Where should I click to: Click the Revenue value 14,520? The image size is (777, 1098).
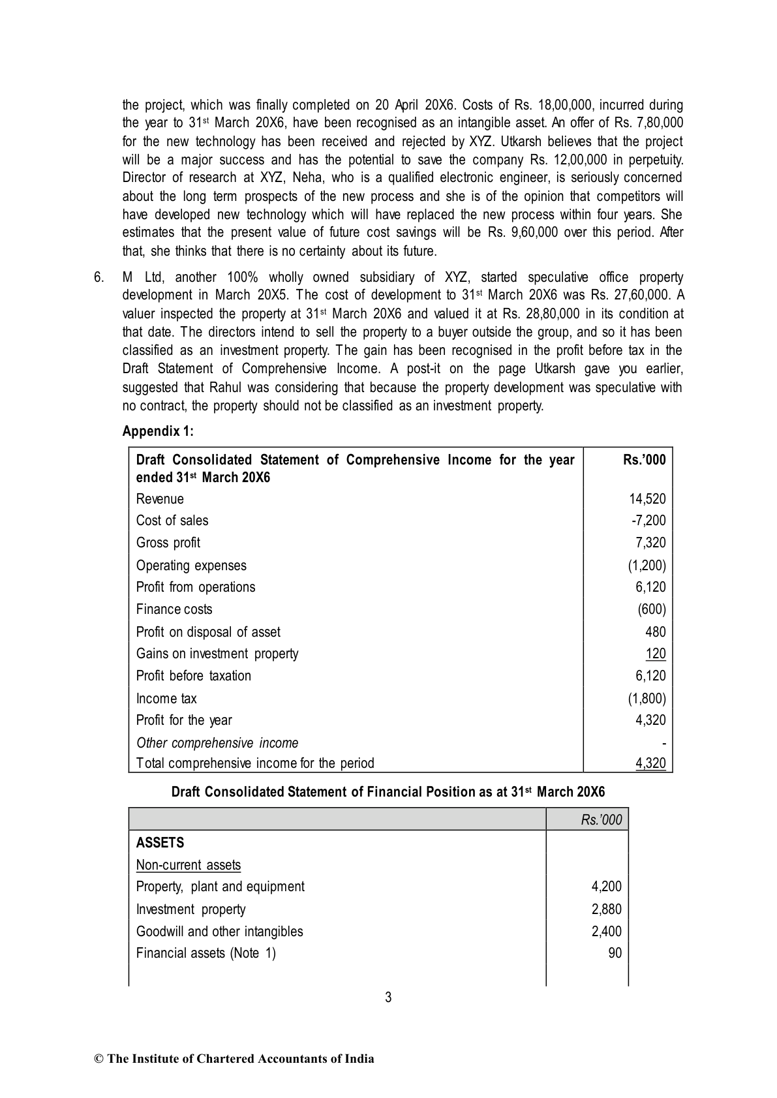647,499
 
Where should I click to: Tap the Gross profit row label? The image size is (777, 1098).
168,543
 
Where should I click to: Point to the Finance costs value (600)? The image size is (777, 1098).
652,609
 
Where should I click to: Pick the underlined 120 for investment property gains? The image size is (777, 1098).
656,654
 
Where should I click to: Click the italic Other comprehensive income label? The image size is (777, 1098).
217,743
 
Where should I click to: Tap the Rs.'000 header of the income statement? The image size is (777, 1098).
645,460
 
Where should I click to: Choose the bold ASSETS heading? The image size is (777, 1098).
160,843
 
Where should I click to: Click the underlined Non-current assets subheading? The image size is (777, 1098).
188,865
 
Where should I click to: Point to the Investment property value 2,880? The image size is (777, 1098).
607,909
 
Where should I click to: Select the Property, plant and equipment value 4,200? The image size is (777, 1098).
607,887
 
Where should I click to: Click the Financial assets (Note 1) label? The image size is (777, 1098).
206,953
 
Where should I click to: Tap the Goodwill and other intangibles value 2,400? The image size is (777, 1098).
607,932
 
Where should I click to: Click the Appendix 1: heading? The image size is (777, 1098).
158,431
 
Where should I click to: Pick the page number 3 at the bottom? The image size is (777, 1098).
388,997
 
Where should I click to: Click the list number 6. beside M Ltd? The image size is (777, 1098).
99,277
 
